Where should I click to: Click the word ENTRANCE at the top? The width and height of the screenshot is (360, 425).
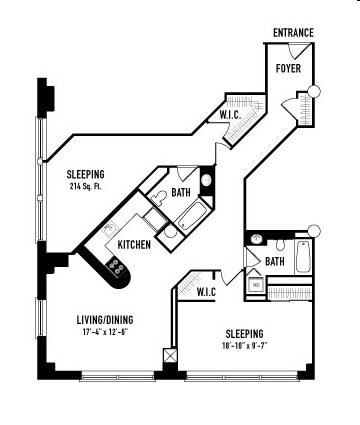(x=293, y=33)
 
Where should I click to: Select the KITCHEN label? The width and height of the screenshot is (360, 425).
(x=134, y=245)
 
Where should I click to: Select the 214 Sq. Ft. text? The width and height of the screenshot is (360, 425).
(x=86, y=186)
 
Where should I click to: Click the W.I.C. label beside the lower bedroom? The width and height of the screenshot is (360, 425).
(x=206, y=292)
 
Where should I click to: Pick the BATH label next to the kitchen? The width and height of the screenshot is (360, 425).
(x=181, y=192)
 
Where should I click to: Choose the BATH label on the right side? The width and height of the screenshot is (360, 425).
(x=275, y=262)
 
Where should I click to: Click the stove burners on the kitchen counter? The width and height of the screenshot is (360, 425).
(x=117, y=267)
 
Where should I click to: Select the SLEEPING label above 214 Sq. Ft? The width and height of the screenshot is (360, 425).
(x=86, y=173)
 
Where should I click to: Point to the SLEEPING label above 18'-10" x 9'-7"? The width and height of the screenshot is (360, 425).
(x=244, y=333)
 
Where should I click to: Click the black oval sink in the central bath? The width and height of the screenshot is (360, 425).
(x=206, y=182)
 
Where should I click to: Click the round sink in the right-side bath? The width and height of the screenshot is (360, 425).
(x=257, y=240)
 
